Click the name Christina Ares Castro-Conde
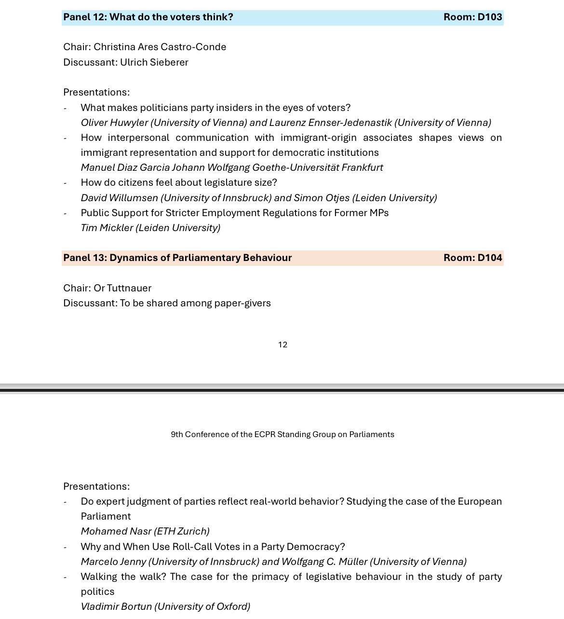[x=160, y=47]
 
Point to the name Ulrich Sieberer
[x=154, y=63]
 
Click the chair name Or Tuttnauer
[x=122, y=289]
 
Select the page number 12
[x=282, y=345]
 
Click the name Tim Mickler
[x=107, y=228]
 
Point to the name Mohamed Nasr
[x=116, y=532]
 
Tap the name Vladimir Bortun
[x=116, y=607]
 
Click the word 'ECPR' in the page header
[x=265, y=435]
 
